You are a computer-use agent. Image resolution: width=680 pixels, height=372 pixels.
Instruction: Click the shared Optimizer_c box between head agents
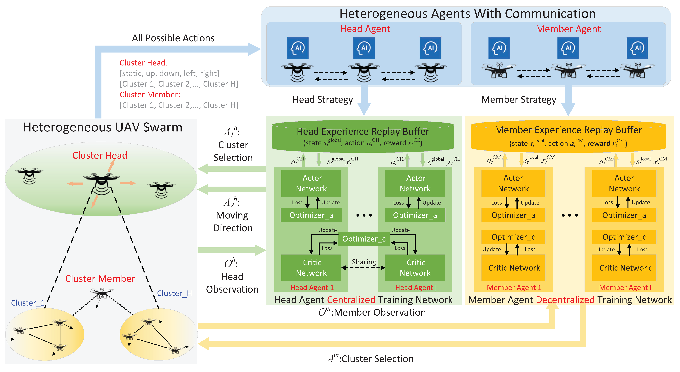(x=364, y=239)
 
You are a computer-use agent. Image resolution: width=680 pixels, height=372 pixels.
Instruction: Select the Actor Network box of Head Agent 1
(x=311, y=183)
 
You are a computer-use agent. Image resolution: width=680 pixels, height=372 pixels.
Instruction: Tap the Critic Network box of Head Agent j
(x=415, y=267)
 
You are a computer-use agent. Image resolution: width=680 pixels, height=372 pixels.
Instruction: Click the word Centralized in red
(x=351, y=300)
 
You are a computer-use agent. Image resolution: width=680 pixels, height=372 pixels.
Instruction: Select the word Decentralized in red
(x=565, y=300)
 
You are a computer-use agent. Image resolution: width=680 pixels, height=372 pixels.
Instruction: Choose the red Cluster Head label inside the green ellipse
(x=100, y=155)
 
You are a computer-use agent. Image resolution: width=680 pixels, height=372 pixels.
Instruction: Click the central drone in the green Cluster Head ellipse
(x=101, y=182)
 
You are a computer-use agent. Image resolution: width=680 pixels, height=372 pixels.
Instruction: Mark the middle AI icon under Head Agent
(x=364, y=48)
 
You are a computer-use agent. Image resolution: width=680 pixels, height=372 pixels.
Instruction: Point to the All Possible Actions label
(x=173, y=38)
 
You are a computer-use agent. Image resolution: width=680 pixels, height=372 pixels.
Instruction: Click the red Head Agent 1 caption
(x=312, y=288)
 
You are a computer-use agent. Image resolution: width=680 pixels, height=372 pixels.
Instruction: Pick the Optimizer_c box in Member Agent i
(x=624, y=237)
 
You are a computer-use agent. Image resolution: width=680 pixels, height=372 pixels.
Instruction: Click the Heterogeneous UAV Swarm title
(x=103, y=127)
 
